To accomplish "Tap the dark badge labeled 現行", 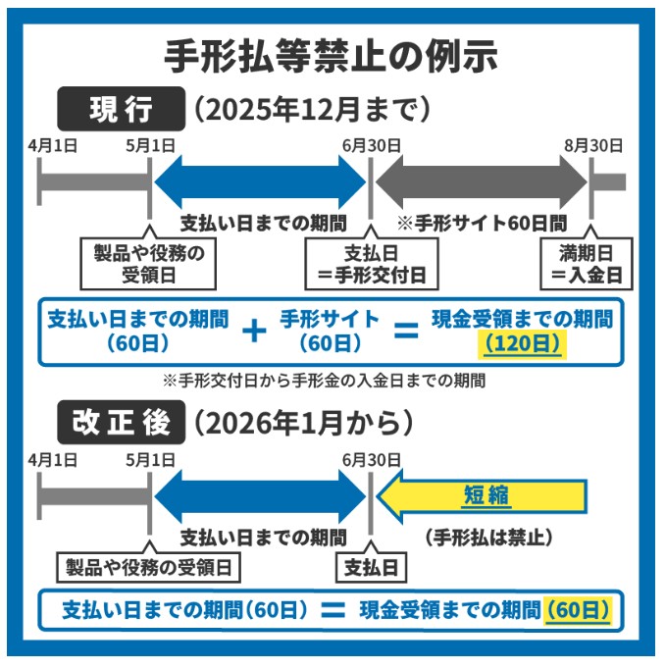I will [121, 109].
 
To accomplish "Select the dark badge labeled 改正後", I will [121, 422].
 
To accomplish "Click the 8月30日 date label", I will [592, 145].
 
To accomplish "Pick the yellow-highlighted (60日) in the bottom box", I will [578, 609].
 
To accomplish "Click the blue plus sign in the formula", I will [254, 332].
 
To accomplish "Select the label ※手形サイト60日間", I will [474, 222].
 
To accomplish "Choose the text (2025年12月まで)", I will [312, 109].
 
